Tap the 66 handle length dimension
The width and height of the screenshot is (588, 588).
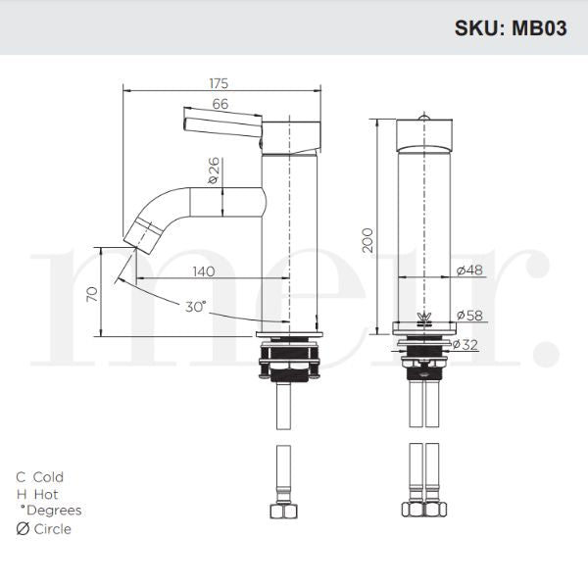[220, 104]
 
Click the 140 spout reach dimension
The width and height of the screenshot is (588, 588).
[204, 271]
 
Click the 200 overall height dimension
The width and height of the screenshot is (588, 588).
[367, 239]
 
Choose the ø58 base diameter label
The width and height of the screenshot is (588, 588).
[467, 315]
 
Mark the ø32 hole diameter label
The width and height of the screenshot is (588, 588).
[467, 344]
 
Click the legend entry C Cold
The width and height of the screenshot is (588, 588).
[39, 477]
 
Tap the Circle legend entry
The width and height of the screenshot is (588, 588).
[43, 529]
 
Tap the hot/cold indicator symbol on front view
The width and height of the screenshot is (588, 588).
[425, 317]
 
